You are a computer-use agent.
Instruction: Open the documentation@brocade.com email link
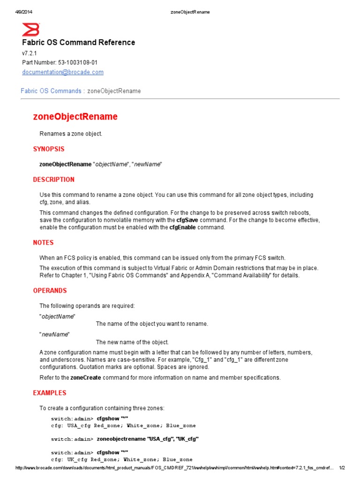(x=63, y=72)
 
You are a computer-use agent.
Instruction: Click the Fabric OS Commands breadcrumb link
(x=51, y=91)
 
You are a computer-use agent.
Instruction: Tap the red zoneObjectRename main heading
(x=75, y=116)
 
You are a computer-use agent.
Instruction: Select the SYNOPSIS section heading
(x=49, y=149)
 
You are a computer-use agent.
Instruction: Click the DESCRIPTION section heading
(x=53, y=180)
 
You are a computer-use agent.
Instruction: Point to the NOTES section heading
(x=43, y=243)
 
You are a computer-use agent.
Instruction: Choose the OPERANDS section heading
(x=50, y=291)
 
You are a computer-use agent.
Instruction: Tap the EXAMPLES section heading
(x=50, y=393)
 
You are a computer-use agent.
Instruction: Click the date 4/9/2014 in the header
(x=23, y=12)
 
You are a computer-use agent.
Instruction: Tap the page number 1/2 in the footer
(x=342, y=468)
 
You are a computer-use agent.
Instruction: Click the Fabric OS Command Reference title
(x=78, y=43)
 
